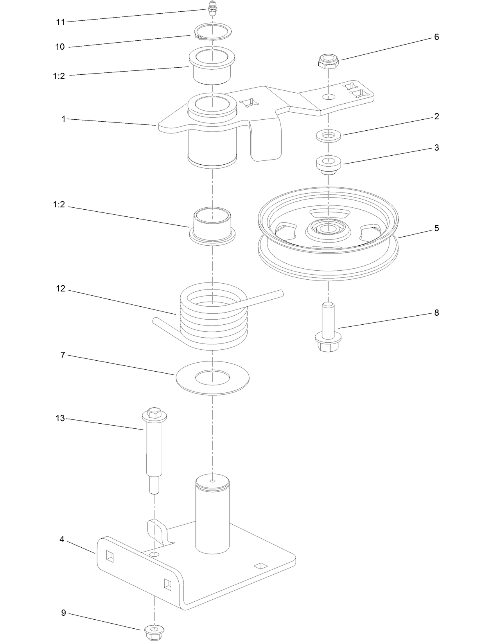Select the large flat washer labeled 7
click(x=213, y=377)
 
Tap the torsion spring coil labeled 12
click(x=213, y=321)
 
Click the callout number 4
click(x=62, y=539)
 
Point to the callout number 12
click(x=60, y=289)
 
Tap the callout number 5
click(x=436, y=228)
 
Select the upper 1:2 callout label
click(x=59, y=76)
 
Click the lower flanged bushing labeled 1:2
click(x=212, y=227)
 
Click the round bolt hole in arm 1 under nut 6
click(x=329, y=96)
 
